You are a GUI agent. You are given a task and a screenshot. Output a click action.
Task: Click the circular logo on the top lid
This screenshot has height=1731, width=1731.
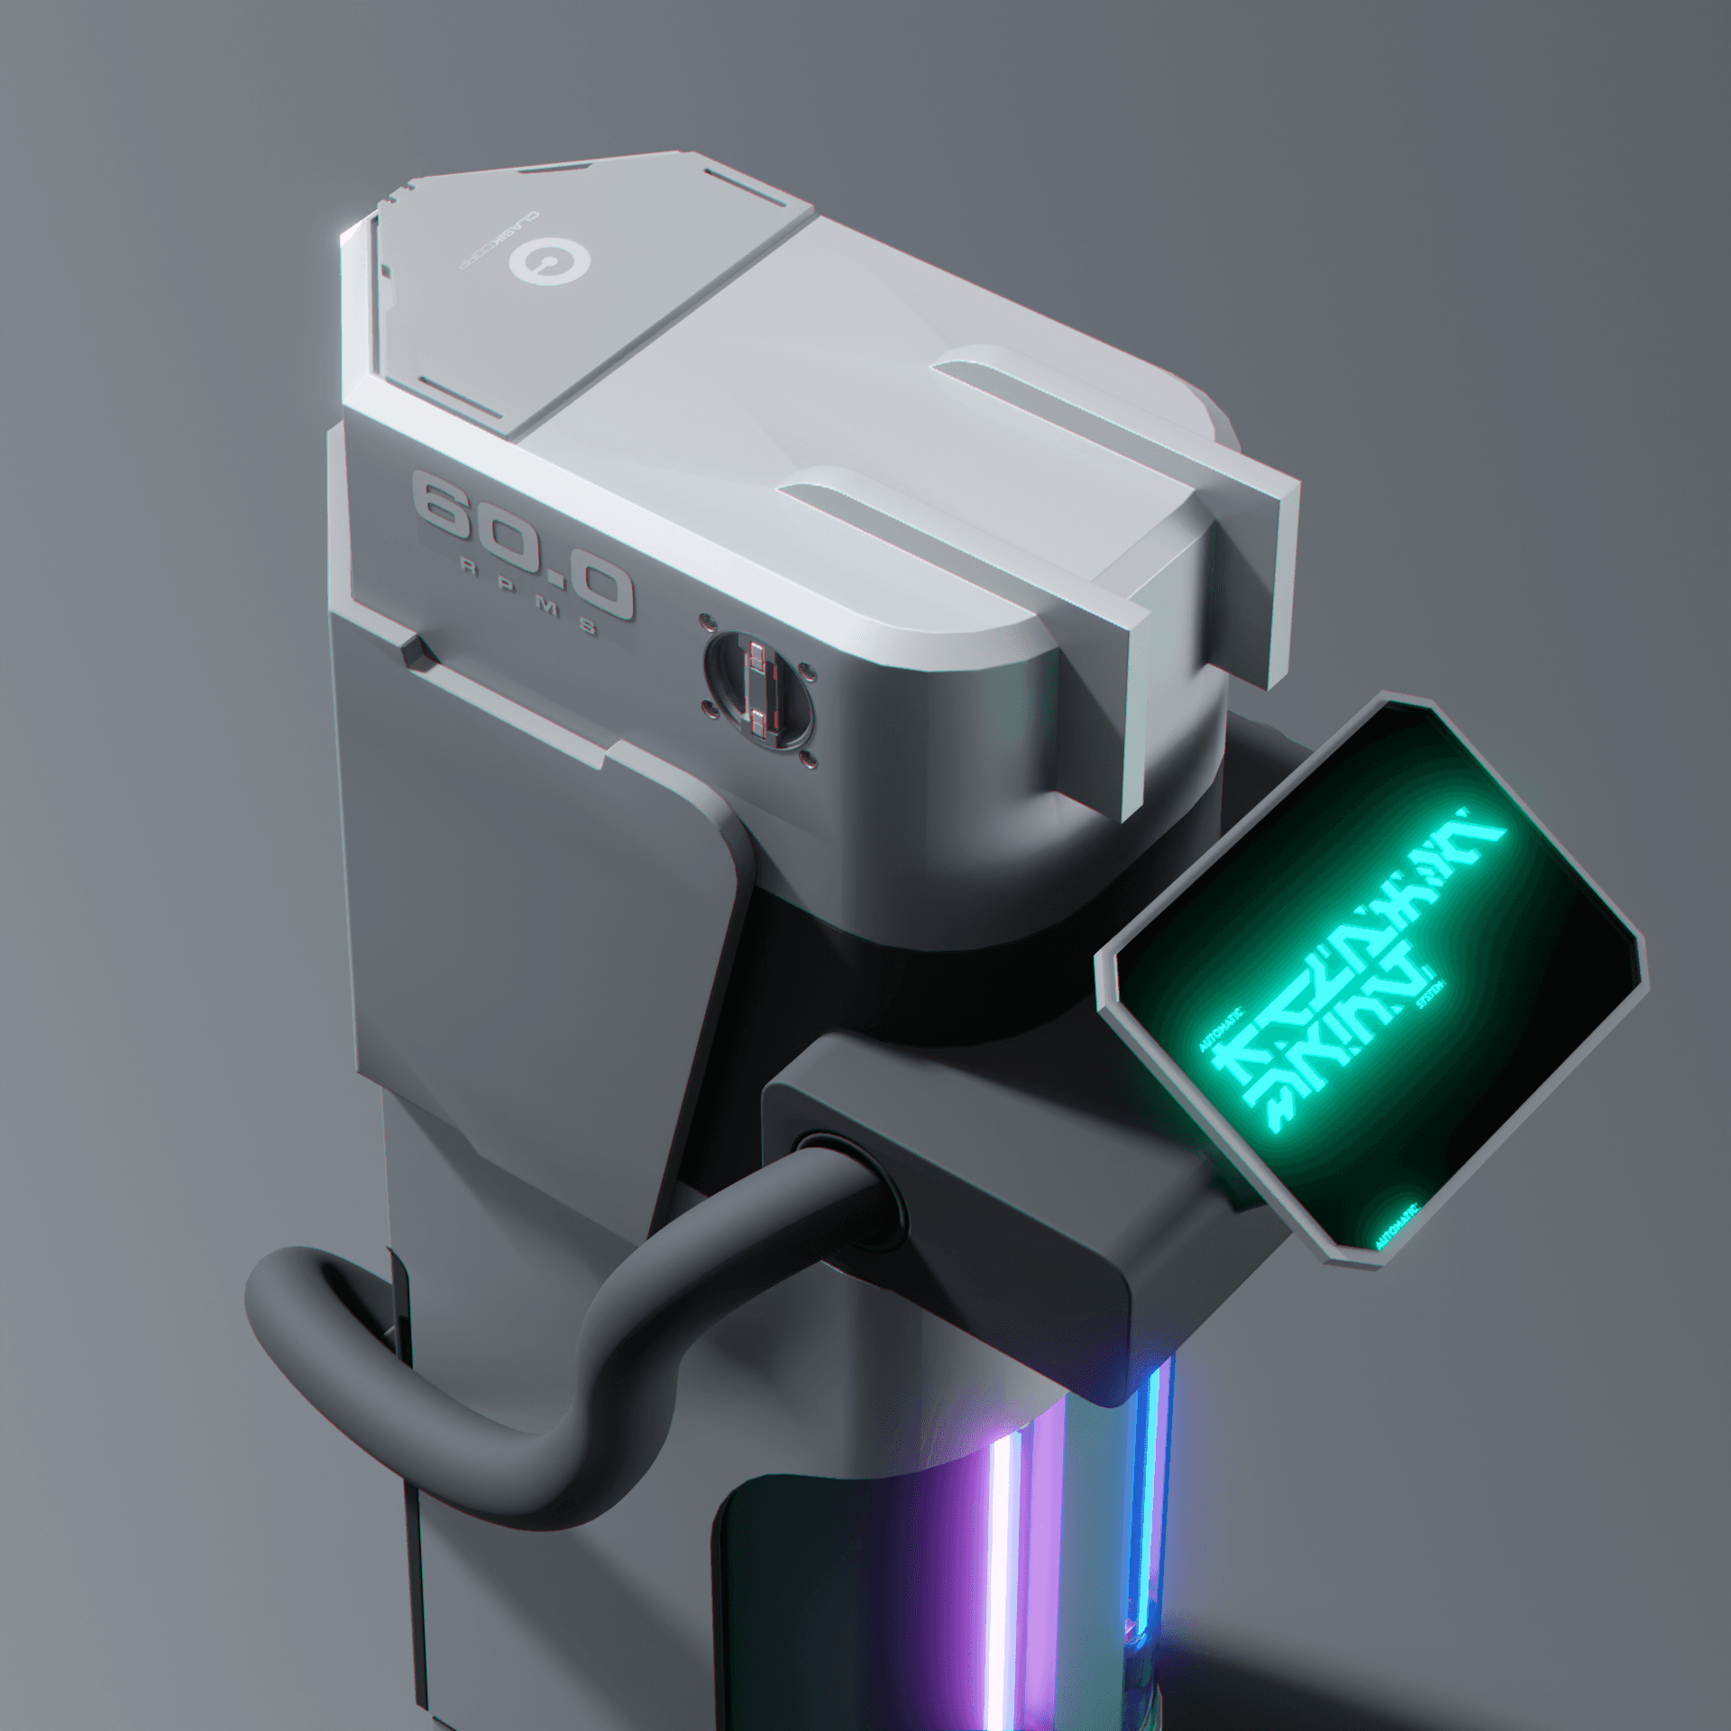549,262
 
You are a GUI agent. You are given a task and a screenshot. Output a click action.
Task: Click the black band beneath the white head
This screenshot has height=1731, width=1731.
947,974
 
